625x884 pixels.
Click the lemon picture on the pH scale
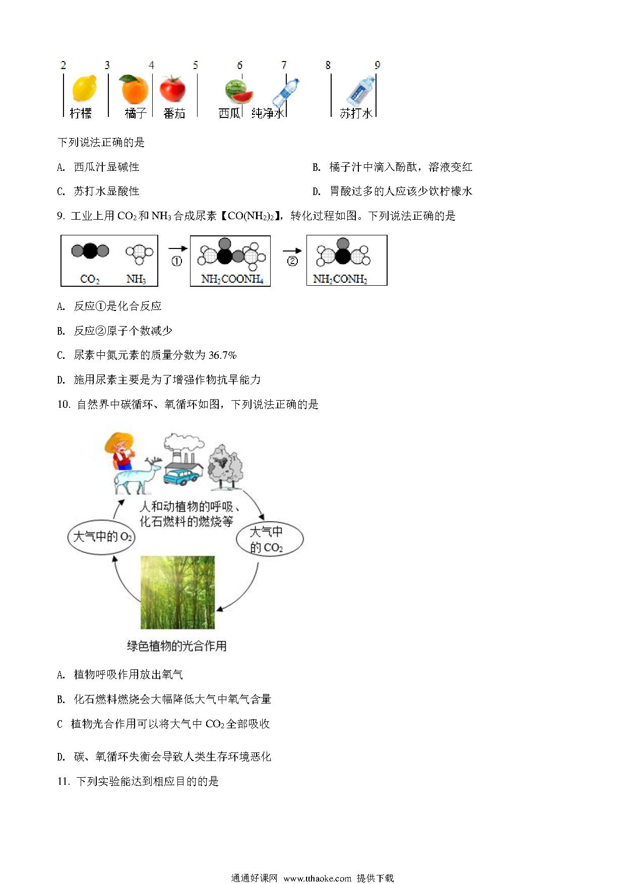tap(84, 89)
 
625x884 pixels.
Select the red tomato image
tap(173, 89)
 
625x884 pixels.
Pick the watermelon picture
tap(238, 92)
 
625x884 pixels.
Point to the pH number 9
tap(378, 65)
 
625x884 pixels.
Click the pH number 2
tap(63, 65)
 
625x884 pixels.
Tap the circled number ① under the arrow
tap(176, 261)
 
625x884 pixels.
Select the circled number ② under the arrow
tap(292, 261)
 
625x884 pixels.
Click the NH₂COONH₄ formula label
tap(232, 279)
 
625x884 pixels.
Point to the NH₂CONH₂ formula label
tap(340, 279)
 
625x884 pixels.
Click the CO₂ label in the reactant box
tap(90, 279)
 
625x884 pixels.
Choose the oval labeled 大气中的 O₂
tap(101, 537)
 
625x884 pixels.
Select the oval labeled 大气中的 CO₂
tap(270, 539)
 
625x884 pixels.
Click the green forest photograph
tap(177, 592)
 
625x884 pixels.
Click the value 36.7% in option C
tap(222, 355)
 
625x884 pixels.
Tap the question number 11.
tap(63, 781)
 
